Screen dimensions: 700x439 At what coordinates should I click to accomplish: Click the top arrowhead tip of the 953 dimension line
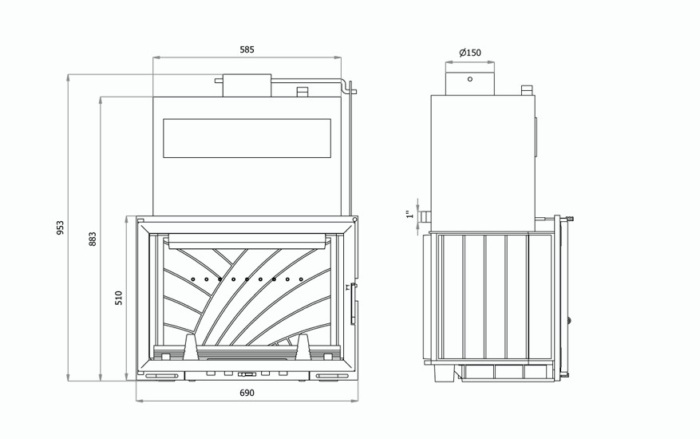point(69,74)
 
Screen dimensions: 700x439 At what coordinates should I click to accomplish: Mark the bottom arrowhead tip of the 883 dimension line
point(101,381)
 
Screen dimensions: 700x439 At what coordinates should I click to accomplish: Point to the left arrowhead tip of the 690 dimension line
point(136,401)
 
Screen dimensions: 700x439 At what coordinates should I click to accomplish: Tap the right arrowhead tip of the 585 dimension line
point(341,57)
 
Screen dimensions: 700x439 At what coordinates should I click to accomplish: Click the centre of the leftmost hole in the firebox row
point(193,279)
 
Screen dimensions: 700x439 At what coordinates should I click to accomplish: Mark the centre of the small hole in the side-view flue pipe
point(469,79)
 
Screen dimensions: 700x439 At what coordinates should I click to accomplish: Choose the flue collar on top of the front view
point(247,85)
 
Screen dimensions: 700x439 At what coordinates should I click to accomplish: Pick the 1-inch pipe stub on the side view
point(424,217)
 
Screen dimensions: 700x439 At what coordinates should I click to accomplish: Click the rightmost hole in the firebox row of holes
point(301,279)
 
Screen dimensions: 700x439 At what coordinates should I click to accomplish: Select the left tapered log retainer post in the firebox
point(190,347)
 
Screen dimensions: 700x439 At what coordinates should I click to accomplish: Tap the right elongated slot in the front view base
point(331,376)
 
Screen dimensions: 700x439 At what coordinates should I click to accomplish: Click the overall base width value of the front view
point(247,393)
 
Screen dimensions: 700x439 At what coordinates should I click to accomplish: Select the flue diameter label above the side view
point(470,53)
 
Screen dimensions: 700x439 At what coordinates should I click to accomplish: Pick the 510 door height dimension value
point(119,298)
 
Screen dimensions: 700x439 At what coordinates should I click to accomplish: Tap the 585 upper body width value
point(247,49)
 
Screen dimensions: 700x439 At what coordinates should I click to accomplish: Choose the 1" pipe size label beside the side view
point(409,215)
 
